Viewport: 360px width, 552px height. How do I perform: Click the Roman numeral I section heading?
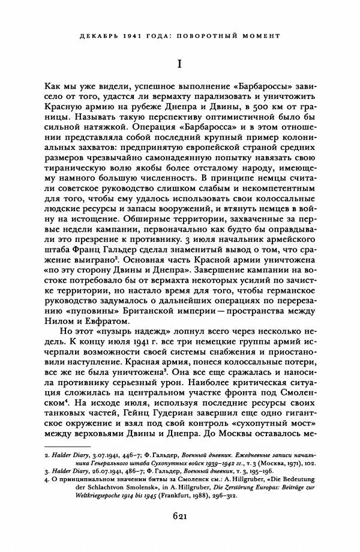tap(179, 63)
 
